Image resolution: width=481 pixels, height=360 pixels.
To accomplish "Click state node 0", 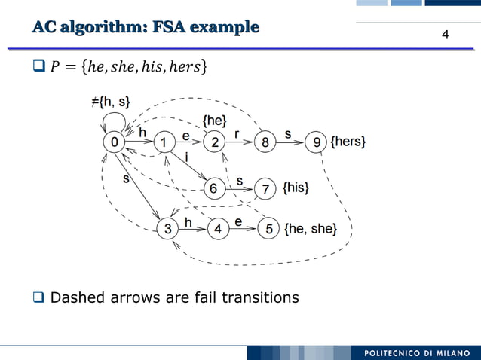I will [114, 142].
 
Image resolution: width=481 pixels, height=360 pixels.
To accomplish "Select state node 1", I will [164, 142].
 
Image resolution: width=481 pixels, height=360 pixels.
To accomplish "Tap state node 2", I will [215, 142].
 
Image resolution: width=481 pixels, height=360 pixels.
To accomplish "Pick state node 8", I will [265, 142].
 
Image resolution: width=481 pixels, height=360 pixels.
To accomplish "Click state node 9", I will [316, 142].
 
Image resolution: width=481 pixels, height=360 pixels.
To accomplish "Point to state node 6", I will [214, 188].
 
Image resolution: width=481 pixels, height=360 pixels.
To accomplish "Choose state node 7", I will [265, 188].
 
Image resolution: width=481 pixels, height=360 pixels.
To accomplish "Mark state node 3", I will [167, 229].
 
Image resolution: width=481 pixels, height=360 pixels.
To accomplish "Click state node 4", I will [218, 229].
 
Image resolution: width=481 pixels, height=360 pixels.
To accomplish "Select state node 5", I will [268, 229].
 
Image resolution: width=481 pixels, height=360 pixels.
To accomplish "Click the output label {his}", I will [295, 188].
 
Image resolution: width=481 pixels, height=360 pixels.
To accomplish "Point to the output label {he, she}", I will [310, 228].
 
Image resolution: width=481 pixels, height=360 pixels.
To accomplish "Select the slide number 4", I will [445, 35].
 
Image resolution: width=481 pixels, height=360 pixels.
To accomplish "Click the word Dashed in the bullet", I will [80, 297].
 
